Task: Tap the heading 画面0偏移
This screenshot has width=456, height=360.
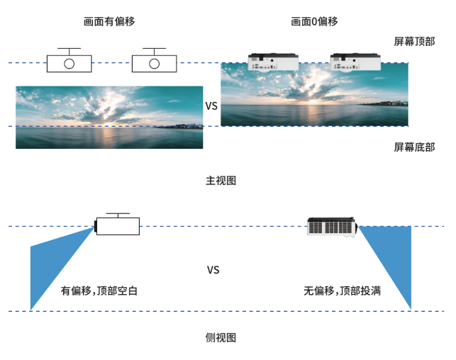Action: (x=314, y=21)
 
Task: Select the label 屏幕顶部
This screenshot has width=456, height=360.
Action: (x=414, y=42)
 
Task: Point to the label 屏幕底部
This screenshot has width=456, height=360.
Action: (x=414, y=147)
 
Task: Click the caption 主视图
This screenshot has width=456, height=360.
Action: (x=221, y=181)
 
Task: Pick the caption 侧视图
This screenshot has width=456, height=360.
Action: (x=221, y=338)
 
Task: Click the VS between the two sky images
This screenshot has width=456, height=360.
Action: (x=211, y=106)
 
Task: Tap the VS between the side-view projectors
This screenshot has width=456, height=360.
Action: (x=213, y=270)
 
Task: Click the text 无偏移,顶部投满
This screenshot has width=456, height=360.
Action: (x=342, y=291)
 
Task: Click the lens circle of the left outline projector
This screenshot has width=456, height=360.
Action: (x=69, y=64)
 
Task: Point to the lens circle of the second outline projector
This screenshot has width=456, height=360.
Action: (x=154, y=64)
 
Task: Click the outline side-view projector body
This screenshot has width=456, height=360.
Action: (x=118, y=226)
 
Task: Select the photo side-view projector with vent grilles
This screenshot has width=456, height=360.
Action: (x=332, y=227)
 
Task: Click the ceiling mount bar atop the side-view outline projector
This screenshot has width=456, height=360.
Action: (x=118, y=214)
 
